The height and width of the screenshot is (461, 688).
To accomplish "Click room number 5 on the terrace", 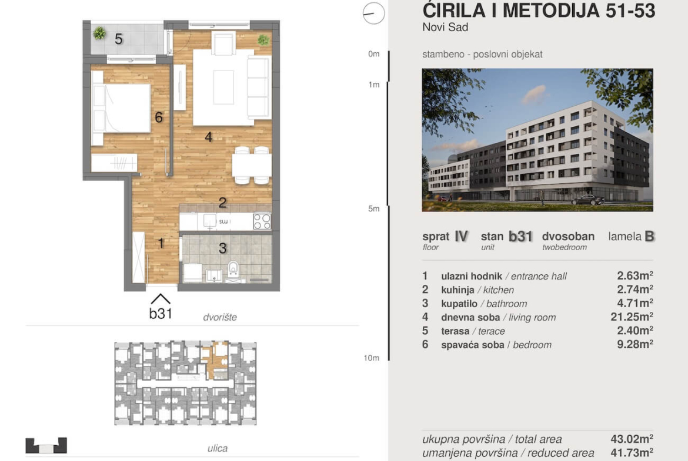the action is pos(118,39).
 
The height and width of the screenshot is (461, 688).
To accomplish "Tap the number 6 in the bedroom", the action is pos(159,117).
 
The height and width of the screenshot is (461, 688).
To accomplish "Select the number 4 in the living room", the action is pos(209,137).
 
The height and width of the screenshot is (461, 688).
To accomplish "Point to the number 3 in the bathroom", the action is pos(222,248).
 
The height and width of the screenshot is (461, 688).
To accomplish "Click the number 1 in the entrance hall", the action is pos(161,243).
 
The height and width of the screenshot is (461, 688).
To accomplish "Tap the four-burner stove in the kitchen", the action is pos(262,221).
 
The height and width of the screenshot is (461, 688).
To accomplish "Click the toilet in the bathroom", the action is pos(233,268).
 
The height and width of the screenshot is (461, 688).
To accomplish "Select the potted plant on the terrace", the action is pos(99,33).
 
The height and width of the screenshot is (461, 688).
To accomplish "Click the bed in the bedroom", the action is pos(121,108).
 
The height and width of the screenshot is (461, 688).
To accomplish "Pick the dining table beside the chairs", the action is pos(252,166).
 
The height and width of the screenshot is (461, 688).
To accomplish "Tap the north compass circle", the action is pos(374,13).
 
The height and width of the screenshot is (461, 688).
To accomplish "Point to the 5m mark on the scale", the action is pos(374,208).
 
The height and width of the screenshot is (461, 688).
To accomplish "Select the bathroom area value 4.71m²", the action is pos(635,303).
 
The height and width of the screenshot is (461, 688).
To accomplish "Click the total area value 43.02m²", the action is pos(632,439).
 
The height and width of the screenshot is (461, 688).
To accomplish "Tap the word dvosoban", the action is pos(568,236).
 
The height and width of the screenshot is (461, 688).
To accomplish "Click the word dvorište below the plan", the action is pos(220,317).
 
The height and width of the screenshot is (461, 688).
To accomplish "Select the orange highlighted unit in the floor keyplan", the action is pos(215,361).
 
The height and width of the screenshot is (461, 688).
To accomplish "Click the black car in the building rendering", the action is pos(588,200).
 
